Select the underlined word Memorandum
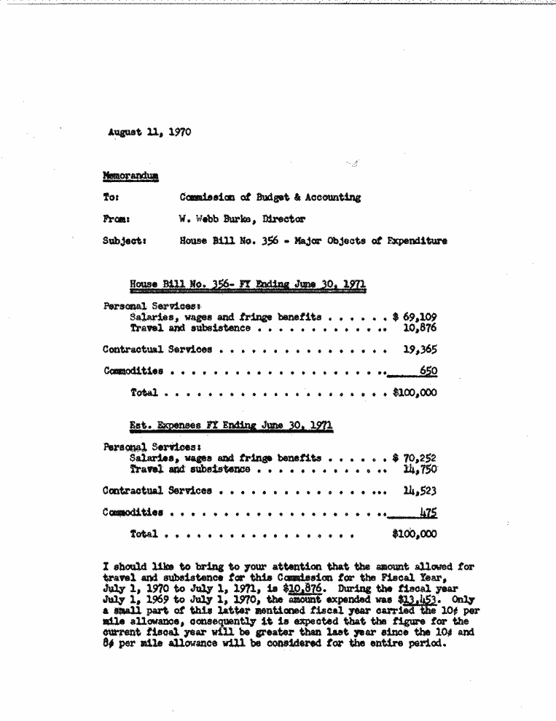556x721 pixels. click(x=132, y=176)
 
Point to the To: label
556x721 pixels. click(x=111, y=197)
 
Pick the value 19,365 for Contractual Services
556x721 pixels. click(x=419, y=350)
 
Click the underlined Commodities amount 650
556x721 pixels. click(x=428, y=371)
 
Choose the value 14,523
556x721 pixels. click(x=419, y=491)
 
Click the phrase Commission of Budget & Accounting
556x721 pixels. click(x=270, y=197)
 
